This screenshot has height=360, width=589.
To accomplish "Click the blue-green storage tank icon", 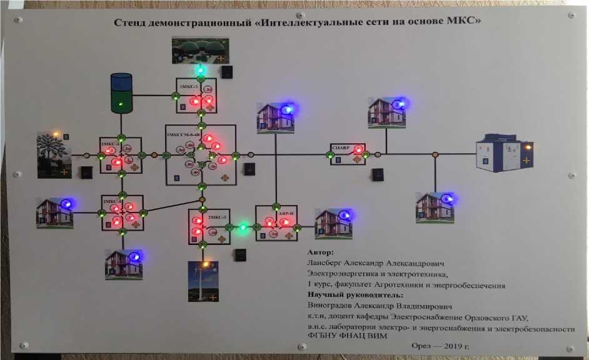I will pos(121,92).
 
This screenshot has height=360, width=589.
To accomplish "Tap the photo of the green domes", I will pos(200,51).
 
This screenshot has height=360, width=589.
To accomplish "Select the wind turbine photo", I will pos(203,282).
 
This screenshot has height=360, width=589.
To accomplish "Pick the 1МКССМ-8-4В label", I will pos(183,135).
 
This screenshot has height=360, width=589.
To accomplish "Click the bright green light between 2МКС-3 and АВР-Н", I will pos(243,226).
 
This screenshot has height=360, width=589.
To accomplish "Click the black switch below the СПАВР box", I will pos(378,174).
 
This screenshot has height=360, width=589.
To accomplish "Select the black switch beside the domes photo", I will pos(226,72).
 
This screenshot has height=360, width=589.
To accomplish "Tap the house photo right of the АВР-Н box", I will pos(333,223).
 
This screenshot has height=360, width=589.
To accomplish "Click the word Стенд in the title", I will pos(130,23).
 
